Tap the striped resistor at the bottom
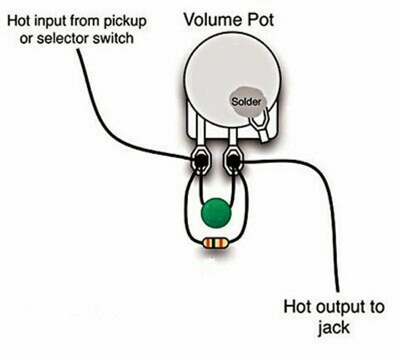[x=215, y=243]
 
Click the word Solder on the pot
[x=246, y=102]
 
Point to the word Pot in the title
[x=259, y=20]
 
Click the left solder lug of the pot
[x=201, y=160]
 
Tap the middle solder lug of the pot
[x=233, y=160]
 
